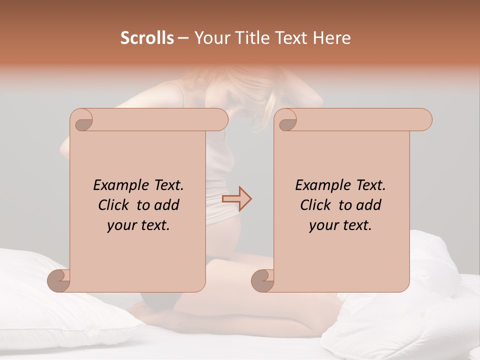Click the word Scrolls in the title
point(147,38)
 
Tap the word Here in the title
point(331,38)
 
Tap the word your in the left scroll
point(121,225)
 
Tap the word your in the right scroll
point(323,225)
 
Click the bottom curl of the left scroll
point(59,280)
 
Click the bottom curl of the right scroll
point(263,280)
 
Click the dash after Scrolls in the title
point(183,38)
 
